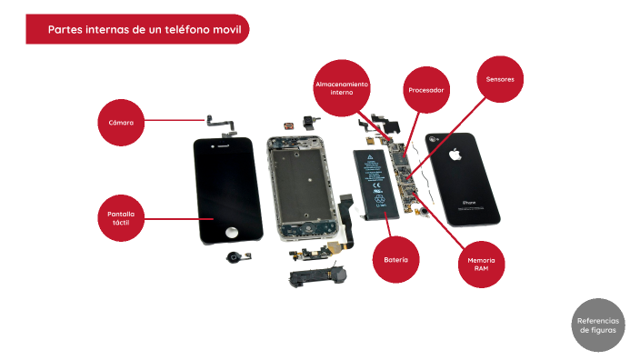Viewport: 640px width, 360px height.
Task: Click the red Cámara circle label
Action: (121, 122)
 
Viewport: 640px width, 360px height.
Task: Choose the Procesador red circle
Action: (426, 90)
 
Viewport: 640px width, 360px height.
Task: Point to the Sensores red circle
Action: (499, 79)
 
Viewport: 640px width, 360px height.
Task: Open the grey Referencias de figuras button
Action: (598, 325)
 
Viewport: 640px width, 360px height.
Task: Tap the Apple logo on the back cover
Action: (455, 154)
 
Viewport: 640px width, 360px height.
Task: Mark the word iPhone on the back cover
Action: (469, 202)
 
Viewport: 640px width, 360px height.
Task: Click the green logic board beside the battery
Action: (401, 173)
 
